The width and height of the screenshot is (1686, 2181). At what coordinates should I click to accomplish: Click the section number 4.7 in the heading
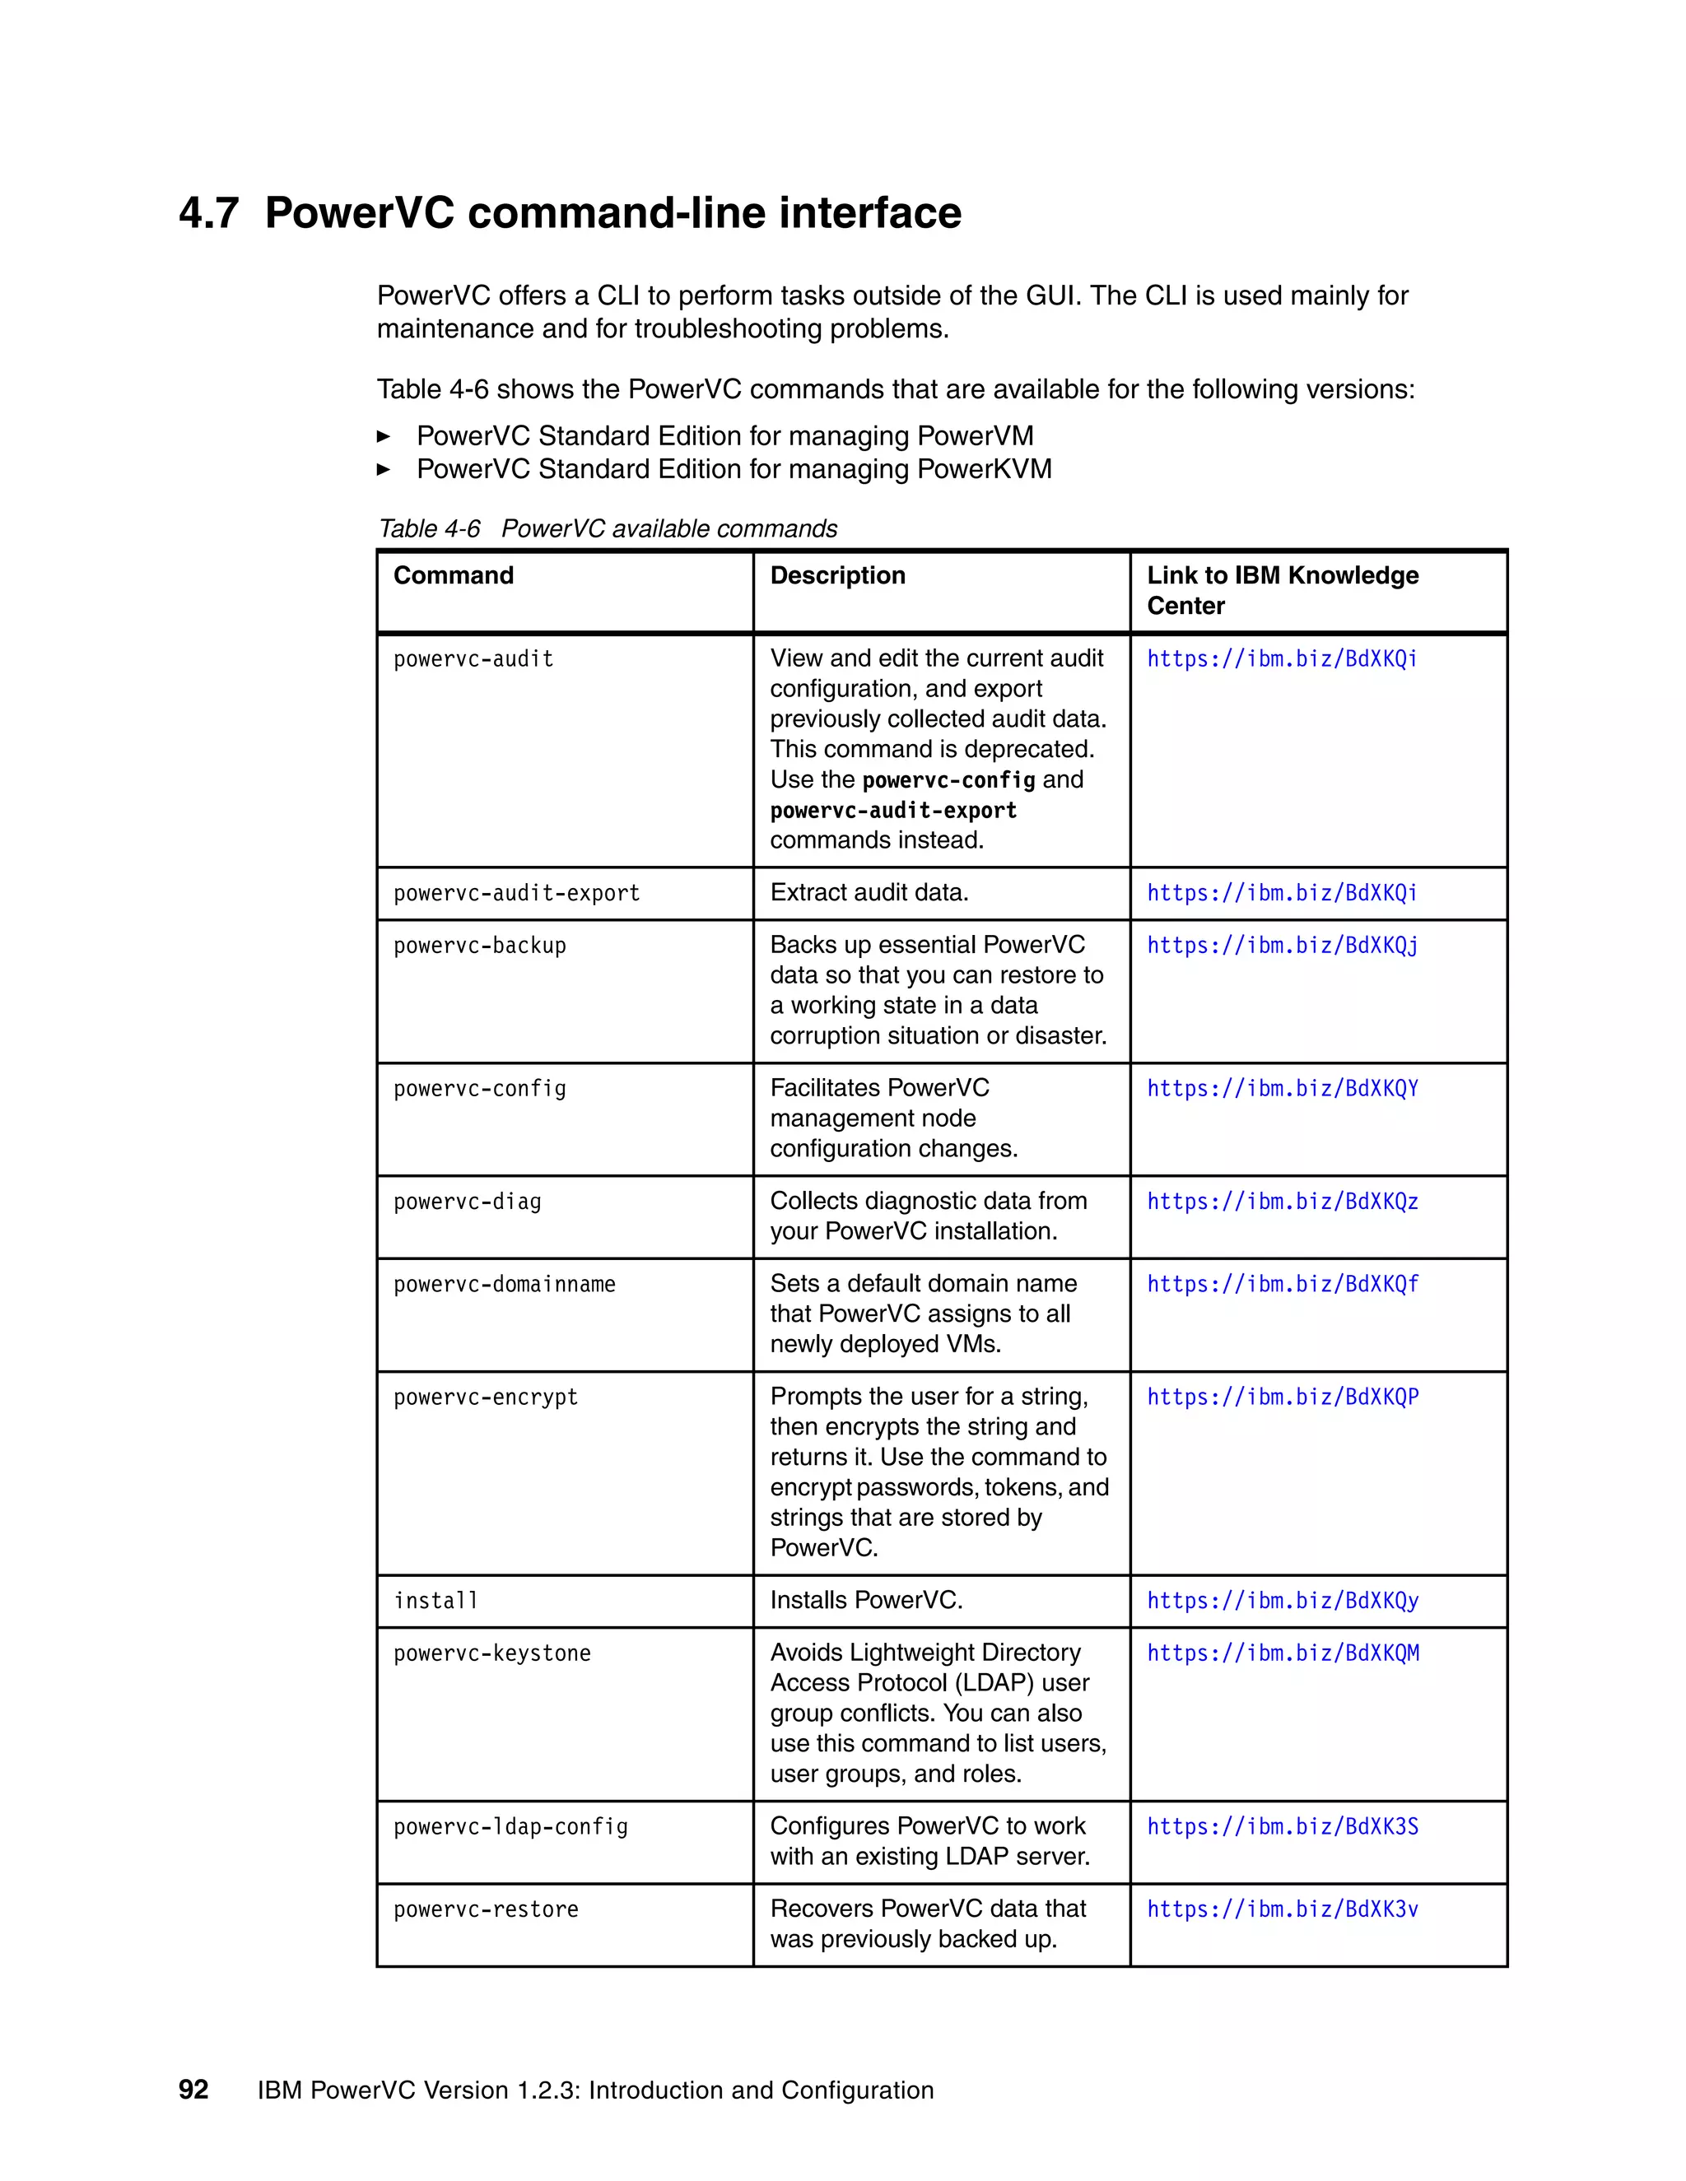click(x=209, y=214)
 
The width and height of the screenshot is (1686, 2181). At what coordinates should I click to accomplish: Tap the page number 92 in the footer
click(x=193, y=2089)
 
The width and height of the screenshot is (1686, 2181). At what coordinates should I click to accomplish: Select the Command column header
click(x=454, y=575)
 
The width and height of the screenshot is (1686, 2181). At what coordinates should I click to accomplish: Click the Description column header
click(x=837, y=575)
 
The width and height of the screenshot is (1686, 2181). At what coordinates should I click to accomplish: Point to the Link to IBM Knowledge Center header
click(x=1282, y=590)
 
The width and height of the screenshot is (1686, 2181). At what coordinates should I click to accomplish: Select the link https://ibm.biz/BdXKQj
click(x=1282, y=946)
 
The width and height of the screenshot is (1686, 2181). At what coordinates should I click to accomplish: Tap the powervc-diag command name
click(x=468, y=1202)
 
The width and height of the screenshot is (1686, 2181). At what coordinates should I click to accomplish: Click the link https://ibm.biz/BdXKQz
click(x=1282, y=1202)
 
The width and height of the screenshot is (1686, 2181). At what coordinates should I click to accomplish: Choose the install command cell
click(x=435, y=1601)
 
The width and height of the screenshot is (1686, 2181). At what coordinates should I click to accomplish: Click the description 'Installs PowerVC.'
click(x=866, y=1600)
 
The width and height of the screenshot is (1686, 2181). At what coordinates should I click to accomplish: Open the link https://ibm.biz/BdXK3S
click(x=1282, y=1826)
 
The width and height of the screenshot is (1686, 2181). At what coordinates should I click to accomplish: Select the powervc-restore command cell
click(x=486, y=1909)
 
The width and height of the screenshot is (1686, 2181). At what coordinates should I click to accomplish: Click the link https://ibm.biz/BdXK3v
click(x=1282, y=1909)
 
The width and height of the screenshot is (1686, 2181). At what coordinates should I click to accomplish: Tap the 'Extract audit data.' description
click(x=869, y=892)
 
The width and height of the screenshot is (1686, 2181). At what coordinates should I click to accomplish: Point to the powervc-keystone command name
click(x=491, y=1653)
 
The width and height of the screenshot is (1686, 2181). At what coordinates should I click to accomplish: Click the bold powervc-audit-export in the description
click(x=893, y=811)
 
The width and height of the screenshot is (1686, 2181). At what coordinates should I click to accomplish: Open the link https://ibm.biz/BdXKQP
click(x=1282, y=1397)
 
